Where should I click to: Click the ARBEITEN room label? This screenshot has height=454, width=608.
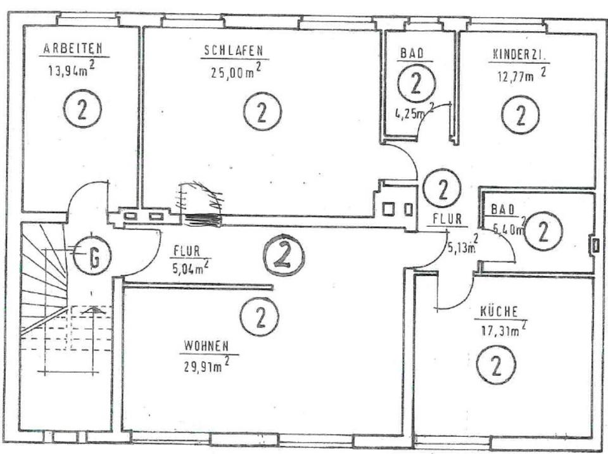73,48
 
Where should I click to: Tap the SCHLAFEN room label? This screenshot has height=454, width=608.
232,51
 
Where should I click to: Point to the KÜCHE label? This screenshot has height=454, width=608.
499,311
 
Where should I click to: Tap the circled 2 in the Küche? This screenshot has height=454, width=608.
497,365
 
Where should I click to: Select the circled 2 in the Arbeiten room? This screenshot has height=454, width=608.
82,109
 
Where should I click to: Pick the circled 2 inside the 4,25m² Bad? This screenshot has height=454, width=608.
415,84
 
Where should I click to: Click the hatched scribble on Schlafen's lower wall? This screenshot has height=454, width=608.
201,203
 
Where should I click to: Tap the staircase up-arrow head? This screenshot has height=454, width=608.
93,310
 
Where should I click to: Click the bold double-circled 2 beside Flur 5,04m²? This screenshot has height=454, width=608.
284,255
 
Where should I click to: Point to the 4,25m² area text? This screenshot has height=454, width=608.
410,117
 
